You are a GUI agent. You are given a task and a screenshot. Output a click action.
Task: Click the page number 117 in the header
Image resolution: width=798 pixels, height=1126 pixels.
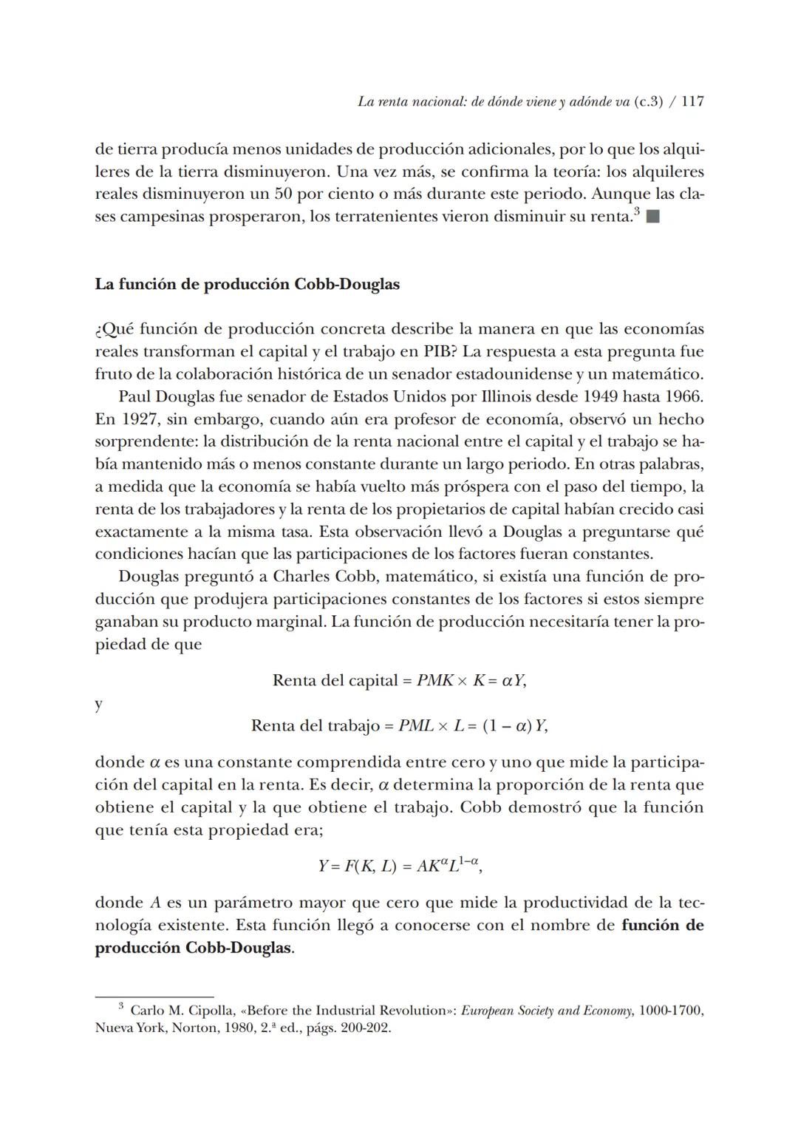pyautogui.click(x=692, y=102)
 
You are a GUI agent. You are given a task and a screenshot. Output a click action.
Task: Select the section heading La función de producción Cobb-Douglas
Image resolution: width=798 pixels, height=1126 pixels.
pyautogui.click(x=247, y=285)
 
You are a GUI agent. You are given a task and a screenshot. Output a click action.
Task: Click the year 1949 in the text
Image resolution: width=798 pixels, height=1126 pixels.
pyautogui.click(x=603, y=396)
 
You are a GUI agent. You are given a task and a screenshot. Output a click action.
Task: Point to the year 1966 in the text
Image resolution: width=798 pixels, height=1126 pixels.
pyautogui.click(x=685, y=396)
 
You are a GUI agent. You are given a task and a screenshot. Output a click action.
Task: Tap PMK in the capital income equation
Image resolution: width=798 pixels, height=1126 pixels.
pyautogui.click(x=434, y=681)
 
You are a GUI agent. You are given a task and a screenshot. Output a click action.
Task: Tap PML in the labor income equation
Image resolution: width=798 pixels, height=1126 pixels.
pyautogui.click(x=416, y=726)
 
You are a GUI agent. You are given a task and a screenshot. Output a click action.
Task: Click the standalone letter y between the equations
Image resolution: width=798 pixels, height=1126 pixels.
pyautogui.click(x=99, y=704)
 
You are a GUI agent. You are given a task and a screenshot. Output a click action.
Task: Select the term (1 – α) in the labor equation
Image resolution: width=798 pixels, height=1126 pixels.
pyautogui.click(x=507, y=726)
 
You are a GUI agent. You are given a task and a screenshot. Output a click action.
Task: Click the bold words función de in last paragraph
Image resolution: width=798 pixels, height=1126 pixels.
pyautogui.click(x=663, y=926)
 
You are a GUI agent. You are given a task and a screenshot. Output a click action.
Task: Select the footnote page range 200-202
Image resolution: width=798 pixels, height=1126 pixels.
pyautogui.click(x=366, y=1028)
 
